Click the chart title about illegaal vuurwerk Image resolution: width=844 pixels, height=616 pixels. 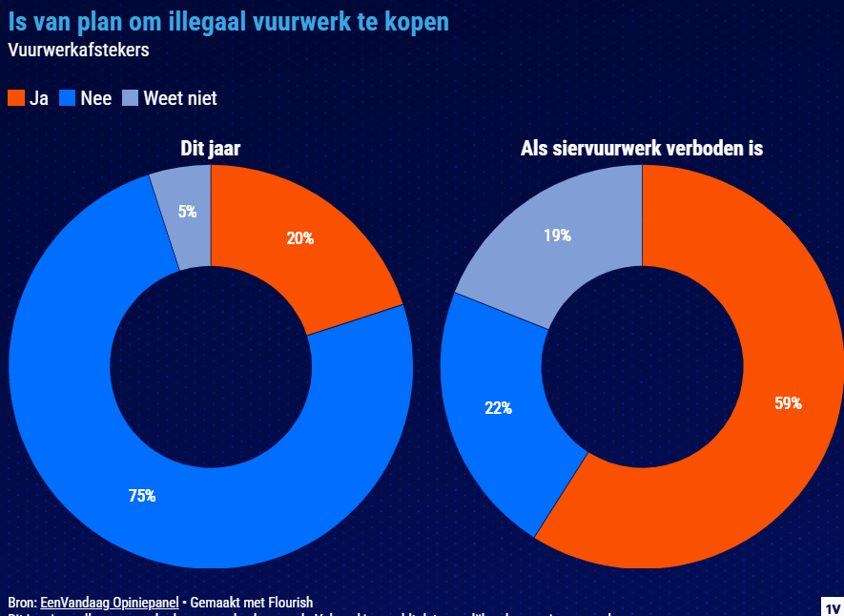(228, 21)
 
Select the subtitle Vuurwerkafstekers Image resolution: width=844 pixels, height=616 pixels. (78, 51)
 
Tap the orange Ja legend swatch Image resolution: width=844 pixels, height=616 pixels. (16, 98)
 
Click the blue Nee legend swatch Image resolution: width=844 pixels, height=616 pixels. (68, 98)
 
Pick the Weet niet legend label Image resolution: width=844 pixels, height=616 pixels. (180, 98)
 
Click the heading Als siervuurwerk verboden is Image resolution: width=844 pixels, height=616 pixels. (642, 149)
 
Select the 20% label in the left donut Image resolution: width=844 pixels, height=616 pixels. (300, 238)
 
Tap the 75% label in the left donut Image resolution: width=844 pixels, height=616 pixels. (142, 496)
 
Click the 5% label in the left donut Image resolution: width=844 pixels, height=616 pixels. (187, 212)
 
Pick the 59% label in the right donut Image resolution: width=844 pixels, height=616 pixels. (788, 403)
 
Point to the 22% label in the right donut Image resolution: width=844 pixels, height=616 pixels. (498, 408)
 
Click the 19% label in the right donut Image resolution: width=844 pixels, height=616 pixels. (557, 235)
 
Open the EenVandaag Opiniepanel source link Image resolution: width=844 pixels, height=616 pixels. (109, 603)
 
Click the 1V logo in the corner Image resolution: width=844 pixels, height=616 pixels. (832, 607)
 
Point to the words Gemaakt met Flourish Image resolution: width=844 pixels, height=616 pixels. (252, 603)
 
